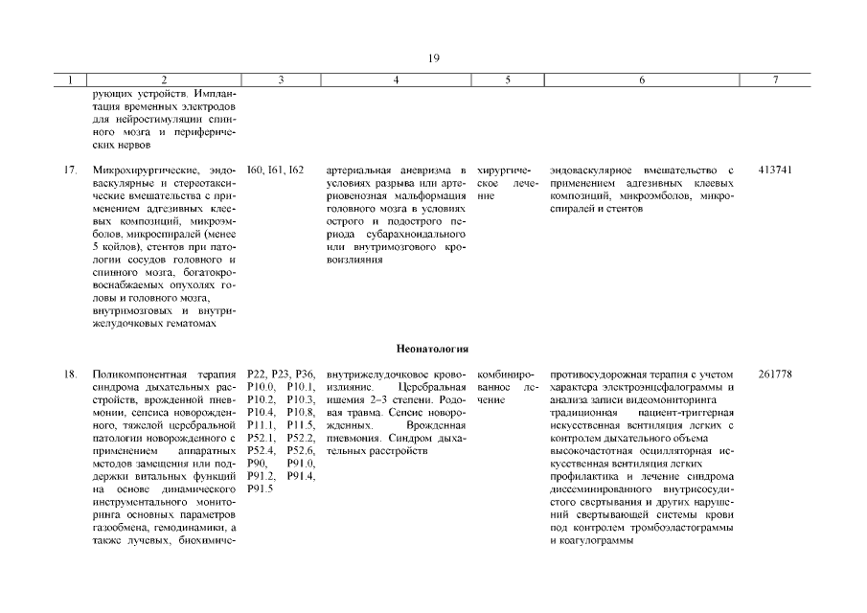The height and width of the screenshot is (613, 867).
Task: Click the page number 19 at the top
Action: (433, 58)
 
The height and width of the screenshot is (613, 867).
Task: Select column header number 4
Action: (396, 80)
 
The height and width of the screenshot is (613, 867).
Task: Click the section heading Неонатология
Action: (433, 350)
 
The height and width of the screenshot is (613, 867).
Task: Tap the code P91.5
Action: (260, 488)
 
